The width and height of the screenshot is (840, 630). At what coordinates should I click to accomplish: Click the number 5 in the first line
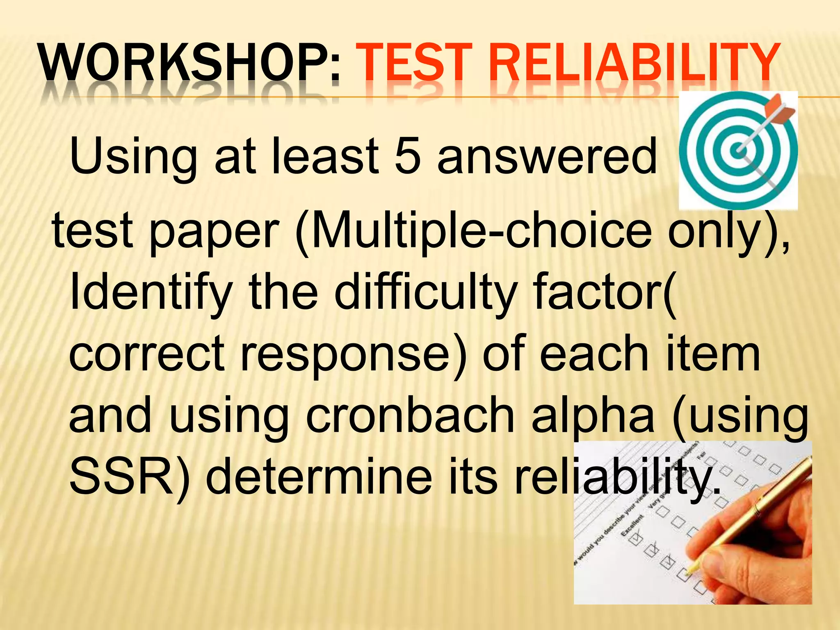coord(408,156)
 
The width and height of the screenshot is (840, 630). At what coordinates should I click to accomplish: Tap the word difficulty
coord(425,292)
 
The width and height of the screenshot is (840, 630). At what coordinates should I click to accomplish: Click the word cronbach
coord(410,416)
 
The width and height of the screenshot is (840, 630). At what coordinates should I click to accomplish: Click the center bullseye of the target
coord(738,151)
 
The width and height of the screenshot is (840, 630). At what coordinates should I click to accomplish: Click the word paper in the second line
coord(213,232)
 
